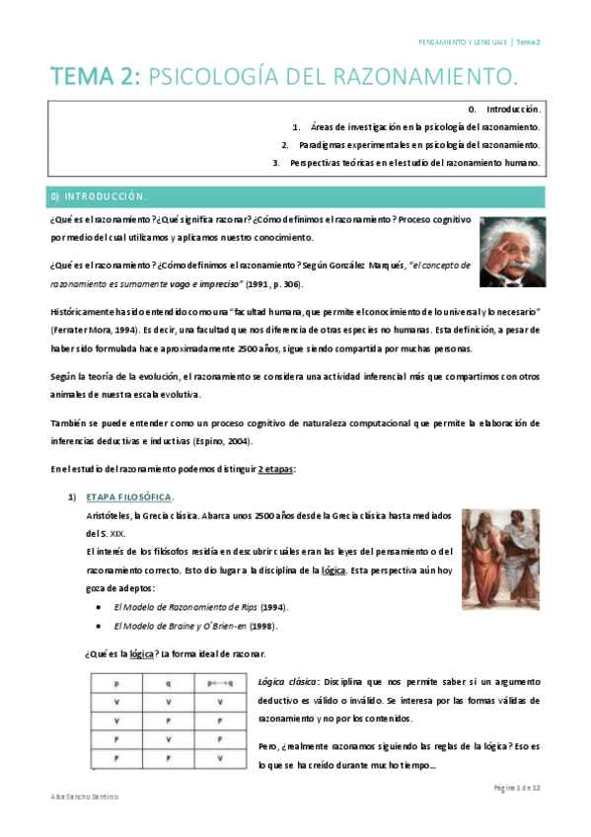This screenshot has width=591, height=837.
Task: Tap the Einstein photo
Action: pos(512,252)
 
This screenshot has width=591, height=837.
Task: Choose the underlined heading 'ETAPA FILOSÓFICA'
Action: pos(128,495)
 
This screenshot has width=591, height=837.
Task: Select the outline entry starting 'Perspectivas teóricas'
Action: pos(414,163)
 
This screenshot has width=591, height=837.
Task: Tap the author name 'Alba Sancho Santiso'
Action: pos(86,796)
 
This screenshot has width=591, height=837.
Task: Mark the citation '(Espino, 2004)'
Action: pos(221,441)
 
